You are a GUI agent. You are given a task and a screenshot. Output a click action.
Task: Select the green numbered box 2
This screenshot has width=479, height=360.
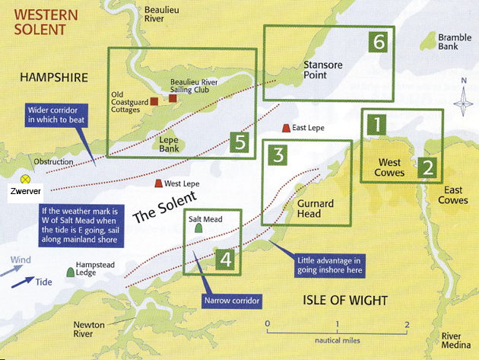428,167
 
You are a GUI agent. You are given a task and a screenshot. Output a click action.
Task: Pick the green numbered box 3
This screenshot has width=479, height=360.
278,155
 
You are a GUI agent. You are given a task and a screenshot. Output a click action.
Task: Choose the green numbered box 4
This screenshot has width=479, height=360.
224,259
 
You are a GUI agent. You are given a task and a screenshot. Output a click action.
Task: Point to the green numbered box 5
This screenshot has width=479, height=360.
240,141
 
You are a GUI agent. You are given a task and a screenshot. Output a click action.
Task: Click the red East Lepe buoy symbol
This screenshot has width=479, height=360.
286,128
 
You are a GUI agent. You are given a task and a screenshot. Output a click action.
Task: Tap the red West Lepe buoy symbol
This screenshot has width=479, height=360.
159,184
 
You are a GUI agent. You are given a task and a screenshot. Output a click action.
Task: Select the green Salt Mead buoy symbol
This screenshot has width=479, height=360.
198,226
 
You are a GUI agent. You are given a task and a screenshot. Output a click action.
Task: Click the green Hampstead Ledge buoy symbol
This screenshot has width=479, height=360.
71,270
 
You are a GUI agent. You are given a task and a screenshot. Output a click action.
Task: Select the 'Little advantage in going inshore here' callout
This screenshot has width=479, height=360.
327,265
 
